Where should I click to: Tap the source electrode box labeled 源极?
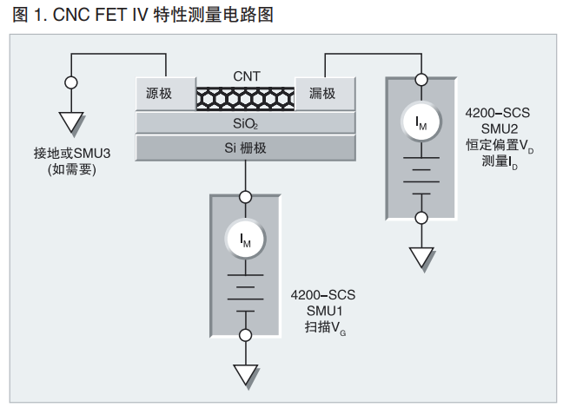tap(165, 95)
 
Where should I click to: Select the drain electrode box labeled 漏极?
tap(325, 95)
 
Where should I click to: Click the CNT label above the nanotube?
tap(246, 76)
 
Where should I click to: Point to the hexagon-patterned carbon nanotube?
tap(246, 98)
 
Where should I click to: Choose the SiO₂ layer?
tap(246, 123)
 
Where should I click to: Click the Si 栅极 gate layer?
tap(246, 148)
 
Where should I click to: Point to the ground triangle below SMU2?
tap(421, 258)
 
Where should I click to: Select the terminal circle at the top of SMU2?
tap(421, 79)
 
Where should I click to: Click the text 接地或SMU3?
tap(72, 153)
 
